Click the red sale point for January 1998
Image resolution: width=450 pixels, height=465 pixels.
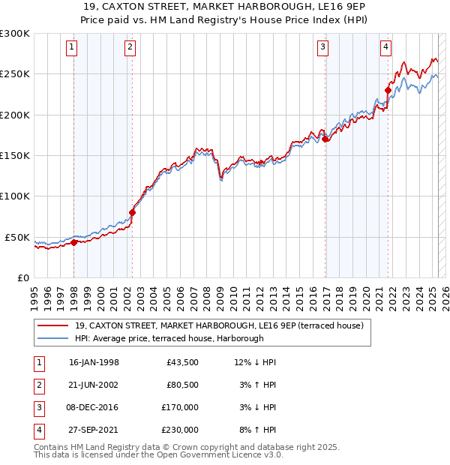74,242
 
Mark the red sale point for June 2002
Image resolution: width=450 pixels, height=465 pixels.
132,212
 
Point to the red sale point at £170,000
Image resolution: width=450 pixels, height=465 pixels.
325,139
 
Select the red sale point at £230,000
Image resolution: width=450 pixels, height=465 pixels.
388,91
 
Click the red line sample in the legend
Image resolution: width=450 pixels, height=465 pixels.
54,325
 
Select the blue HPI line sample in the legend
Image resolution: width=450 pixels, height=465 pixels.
54,339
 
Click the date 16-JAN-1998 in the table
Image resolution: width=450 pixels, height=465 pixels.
94,363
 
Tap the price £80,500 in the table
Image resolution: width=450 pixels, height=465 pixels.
182,385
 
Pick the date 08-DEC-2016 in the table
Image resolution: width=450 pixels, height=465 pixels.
94,408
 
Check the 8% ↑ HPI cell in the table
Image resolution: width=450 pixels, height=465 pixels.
255,430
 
